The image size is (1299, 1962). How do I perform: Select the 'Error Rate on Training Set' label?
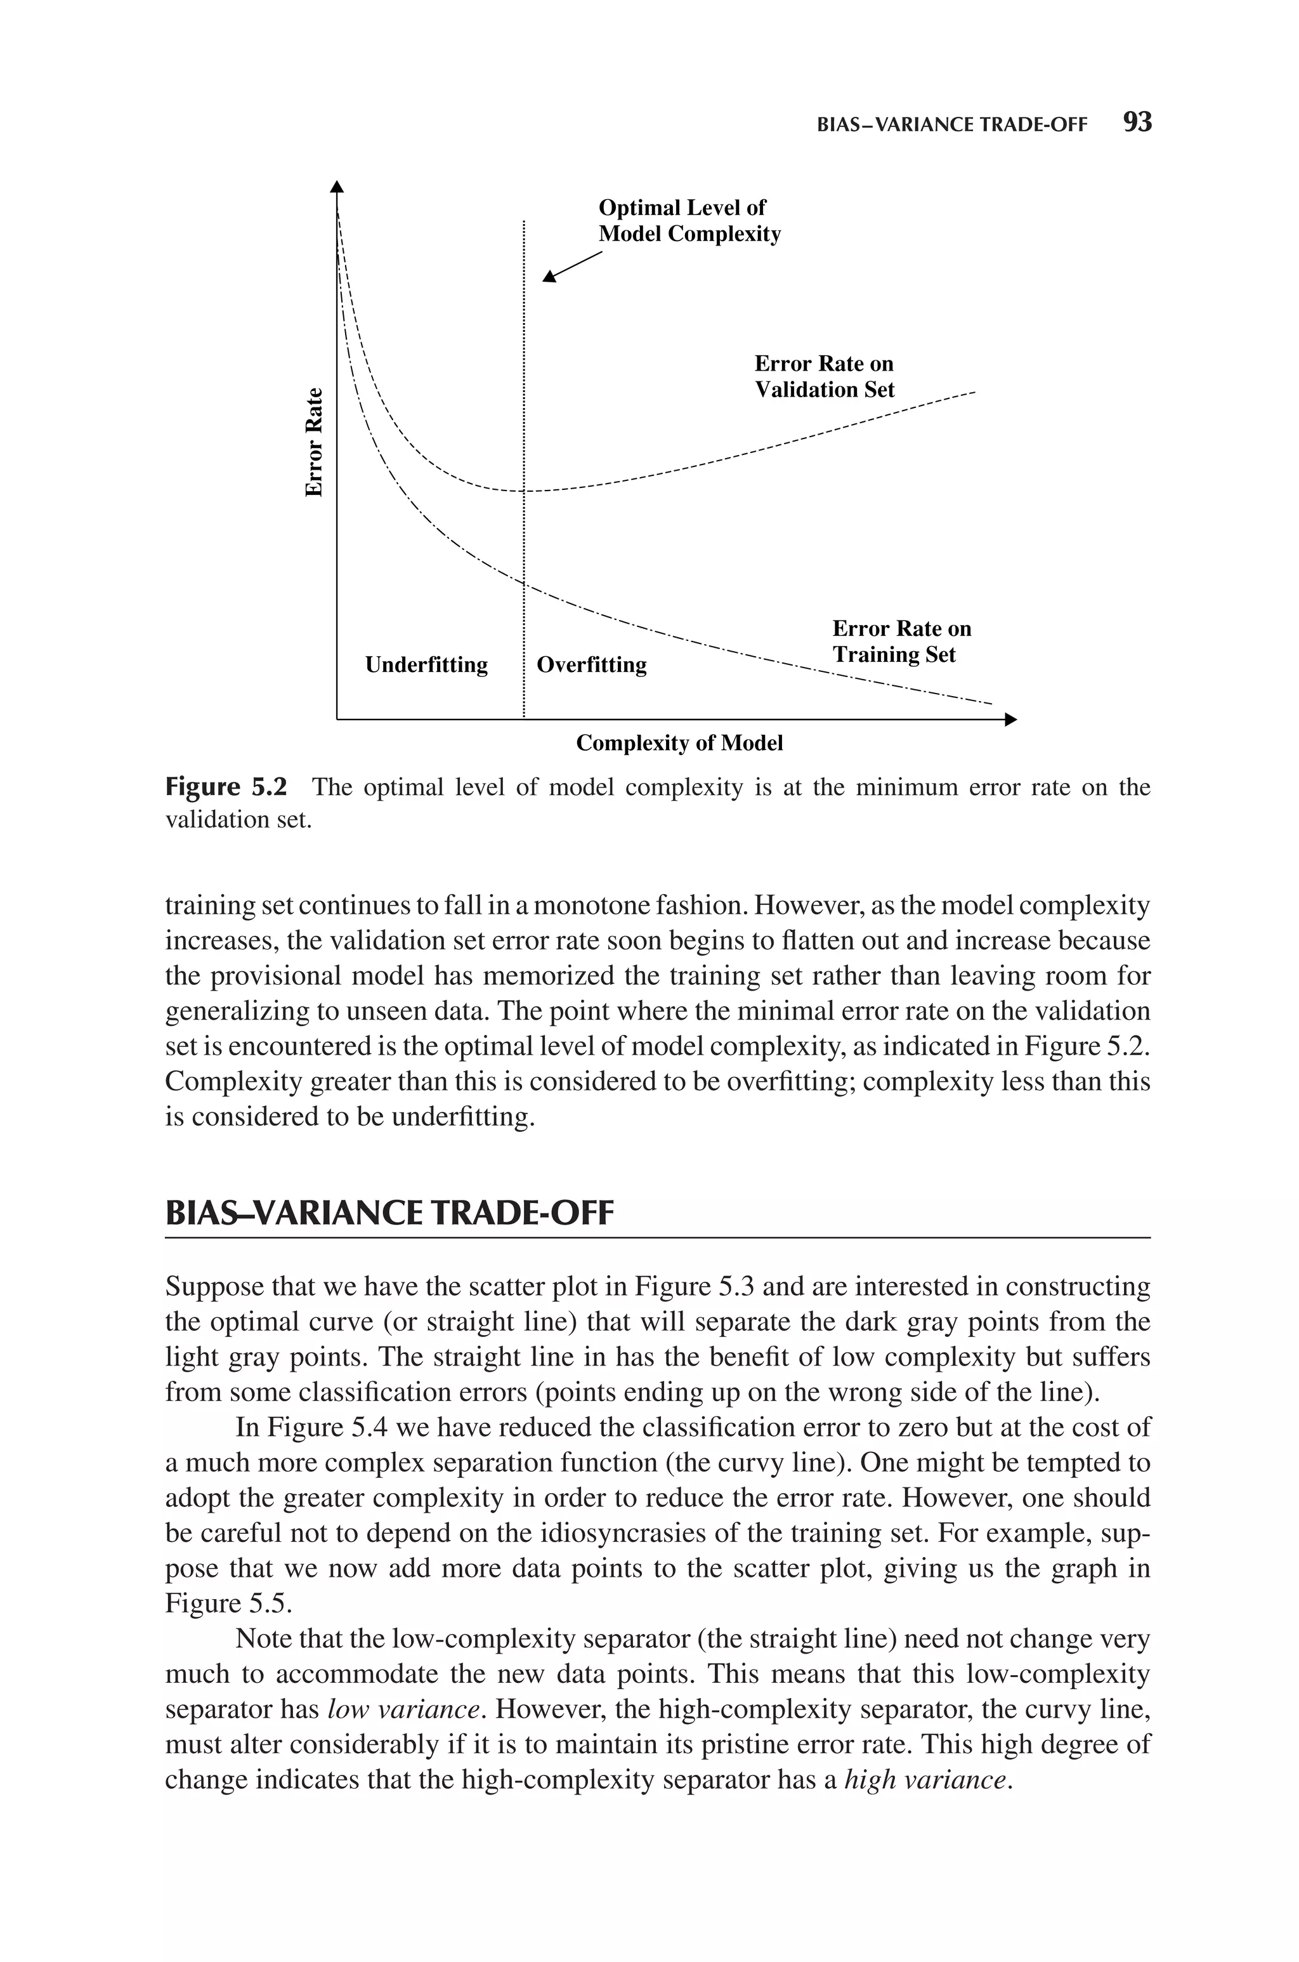coord(901,642)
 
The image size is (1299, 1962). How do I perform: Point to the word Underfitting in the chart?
coord(426,664)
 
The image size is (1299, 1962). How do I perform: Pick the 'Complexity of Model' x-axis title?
coord(679,743)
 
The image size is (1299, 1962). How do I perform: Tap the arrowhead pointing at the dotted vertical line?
coord(549,277)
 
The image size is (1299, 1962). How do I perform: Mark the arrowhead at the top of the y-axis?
coord(336,187)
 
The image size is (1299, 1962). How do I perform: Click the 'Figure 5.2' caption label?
coord(226,787)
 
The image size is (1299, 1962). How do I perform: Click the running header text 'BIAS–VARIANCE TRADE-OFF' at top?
coord(951,125)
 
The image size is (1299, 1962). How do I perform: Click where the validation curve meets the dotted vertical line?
coord(523,491)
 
